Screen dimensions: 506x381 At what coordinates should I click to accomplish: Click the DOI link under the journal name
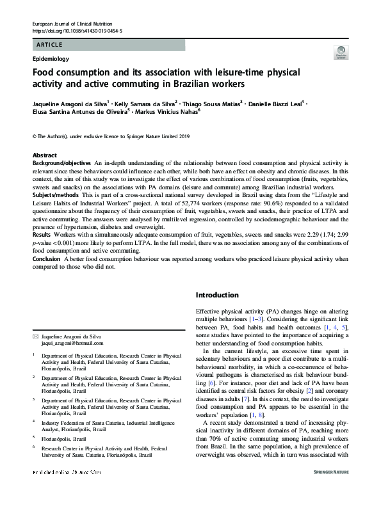pyautogui.click(x=77, y=31)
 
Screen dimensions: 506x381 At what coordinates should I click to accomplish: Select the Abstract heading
pyautogui.click(x=44, y=155)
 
